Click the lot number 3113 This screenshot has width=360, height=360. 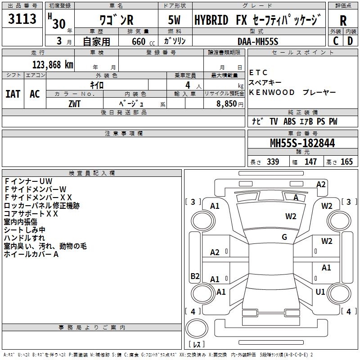coord(22,19)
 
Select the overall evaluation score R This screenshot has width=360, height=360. coord(343,21)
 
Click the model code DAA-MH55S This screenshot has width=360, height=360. coord(258,40)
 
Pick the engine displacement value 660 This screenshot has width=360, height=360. coord(135,41)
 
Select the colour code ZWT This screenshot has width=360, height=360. coord(74,103)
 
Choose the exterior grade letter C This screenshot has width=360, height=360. coord(335,41)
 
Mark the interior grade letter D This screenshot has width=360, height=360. coord(350,41)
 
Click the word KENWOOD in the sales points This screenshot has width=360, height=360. coord(272,92)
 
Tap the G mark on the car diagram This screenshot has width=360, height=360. coord(284,237)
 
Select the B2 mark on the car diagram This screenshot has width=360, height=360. coord(195,276)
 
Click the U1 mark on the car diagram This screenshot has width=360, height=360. coord(320,292)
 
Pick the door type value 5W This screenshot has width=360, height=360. coord(174,20)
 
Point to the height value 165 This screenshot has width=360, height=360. coord(347,162)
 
